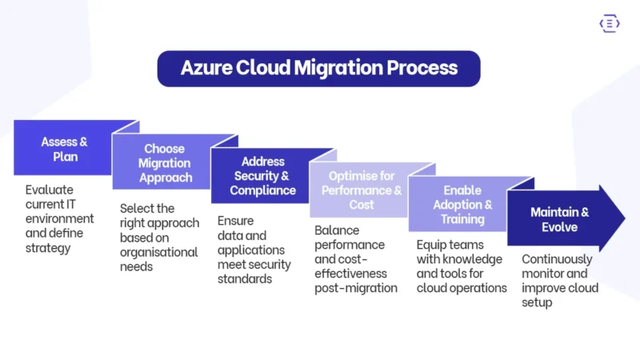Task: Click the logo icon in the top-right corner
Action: (609, 25)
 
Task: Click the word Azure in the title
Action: (206, 68)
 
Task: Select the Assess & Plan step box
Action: (65, 149)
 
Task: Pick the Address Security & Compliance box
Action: (262, 176)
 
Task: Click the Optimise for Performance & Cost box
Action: (361, 190)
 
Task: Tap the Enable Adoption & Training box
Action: (462, 204)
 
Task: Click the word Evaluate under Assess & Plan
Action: (49, 190)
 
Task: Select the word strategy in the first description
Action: (48, 247)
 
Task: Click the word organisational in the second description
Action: (158, 252)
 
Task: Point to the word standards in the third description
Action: (245, 279)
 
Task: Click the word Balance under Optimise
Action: (337, 230)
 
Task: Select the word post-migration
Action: (356, 288)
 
